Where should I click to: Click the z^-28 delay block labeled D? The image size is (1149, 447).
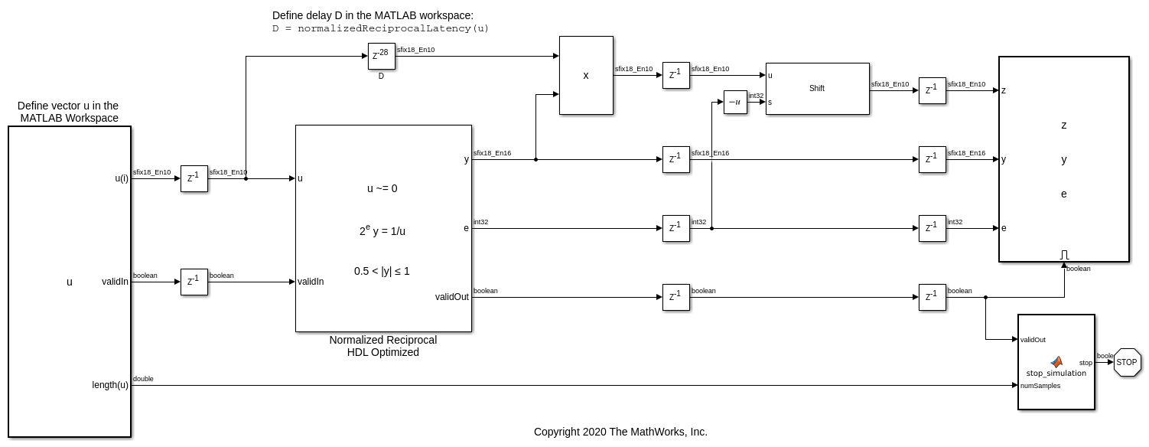tap(382, 56)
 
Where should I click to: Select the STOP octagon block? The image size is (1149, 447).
tap(1127, 362)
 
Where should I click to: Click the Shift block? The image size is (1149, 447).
tap(818, 89)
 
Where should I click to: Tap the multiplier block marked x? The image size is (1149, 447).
tap(586, 76)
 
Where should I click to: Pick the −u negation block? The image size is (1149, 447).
tap(735, 102)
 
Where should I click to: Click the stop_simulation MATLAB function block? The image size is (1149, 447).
tap(1056, 362)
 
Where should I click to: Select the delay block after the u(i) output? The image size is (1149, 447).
tap(194, 178)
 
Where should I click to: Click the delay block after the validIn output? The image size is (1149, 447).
tap(194, 282)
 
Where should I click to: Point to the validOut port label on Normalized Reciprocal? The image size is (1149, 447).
tap(452, 297)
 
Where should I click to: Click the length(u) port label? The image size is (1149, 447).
tap(110, 385)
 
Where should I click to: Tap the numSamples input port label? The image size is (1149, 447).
tap(1040, 386)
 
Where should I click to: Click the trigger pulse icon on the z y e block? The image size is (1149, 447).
tap(1064, 255)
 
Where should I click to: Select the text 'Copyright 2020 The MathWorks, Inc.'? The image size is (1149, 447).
tap(620, 432)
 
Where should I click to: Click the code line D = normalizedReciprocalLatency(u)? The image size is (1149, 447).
tap(381, 29)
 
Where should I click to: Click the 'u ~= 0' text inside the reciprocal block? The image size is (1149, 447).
tap(382, 189)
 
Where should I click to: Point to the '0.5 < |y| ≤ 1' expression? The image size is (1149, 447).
tap(382, 272)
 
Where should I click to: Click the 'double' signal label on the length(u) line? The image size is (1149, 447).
tap(143, 379)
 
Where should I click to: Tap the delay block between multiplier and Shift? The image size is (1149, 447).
tap(676, 76)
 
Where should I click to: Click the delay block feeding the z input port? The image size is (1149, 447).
tap(933, 91)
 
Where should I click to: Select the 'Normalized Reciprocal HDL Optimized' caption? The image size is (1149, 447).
tap(383, 346)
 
